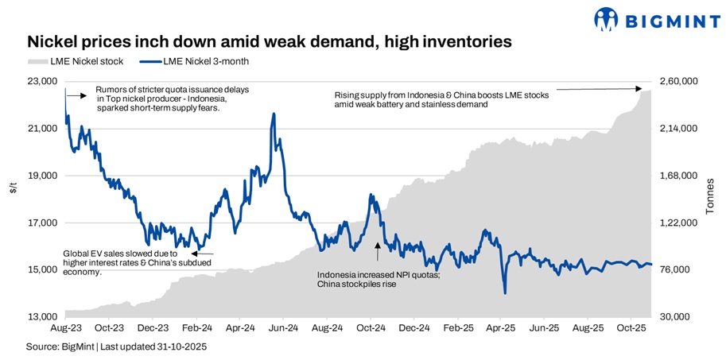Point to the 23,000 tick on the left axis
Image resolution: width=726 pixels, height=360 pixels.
(x=42, y=81)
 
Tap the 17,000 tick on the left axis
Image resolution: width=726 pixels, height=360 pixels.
(x=42, y=223)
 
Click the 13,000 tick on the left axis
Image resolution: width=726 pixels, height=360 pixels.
(x=42, y=317)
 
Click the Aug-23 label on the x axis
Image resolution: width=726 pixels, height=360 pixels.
(x=64, y=327)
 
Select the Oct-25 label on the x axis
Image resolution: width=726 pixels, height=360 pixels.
(x=629, y=327)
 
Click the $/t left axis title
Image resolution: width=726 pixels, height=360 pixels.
(x=12, y=189)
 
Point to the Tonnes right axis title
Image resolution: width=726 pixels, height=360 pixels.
(x=709, y=195)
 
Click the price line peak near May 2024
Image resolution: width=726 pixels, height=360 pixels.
(x=274, y=114)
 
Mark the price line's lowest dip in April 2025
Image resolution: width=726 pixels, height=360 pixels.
(x=505, y=293)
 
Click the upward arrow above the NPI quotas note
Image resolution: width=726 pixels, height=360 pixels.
(x=378, y=250)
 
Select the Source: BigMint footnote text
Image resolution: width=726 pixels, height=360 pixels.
(x=116, y=347)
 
